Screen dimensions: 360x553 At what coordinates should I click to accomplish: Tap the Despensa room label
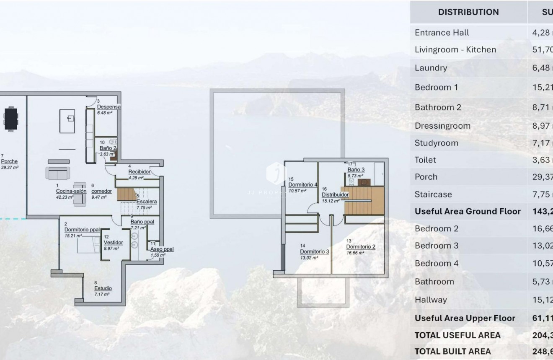pyautogui.click(x=109, y=107)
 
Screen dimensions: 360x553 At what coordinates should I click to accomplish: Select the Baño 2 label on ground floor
pyautogui.click(x=108, y=148)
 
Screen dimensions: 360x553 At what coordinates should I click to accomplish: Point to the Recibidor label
pyautogui.click(x=139, y=172)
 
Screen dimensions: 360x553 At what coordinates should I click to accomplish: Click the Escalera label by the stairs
pyautogui.click(x=147, y=202)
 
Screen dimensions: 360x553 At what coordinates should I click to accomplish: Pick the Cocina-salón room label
pyautogui.click(x=71, y=191)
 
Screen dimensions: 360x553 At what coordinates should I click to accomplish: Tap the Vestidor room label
pyautogui.click(x=113, y=243)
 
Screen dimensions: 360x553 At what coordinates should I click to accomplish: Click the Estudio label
pyautogui.click(x=103, y=288)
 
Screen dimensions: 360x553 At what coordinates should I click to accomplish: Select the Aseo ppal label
pyautogui.click(x=162, y=249)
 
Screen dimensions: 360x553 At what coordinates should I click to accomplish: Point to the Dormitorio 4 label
pyautogui.click(x=302, y=185)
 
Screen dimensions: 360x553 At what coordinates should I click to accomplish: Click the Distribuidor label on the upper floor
pyautogui.click(x=335, y=195)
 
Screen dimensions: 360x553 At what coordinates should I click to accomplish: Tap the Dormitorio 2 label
pyautogui.click(x=360, y=247)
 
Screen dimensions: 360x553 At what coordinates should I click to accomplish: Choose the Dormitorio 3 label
pyautogui.click(x=314, y=251)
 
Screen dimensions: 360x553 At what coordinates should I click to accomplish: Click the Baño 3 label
pyautogui.click(x=356, y=170)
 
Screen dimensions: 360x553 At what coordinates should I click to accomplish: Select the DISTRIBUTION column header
pyautogui.click(x=468, y=12)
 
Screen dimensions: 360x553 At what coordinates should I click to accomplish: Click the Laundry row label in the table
pyautogui.click(x=431, y=68)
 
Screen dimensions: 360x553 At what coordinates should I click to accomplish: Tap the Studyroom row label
pyautogui.click(x=436, y=143)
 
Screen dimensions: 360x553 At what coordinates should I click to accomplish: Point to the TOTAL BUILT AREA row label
pyautogui.click(x=452, y=351)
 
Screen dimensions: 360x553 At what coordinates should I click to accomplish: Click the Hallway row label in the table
pyautogui.click(x=431, y=300)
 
